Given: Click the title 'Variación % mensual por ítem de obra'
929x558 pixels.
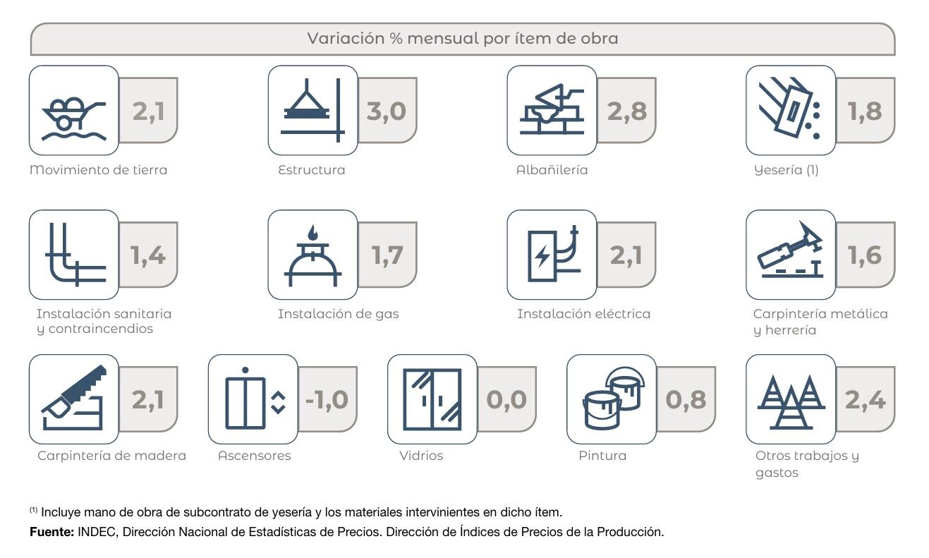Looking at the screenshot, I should pos(462,39).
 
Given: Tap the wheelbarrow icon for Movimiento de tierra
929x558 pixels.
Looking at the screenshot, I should pos(74,111).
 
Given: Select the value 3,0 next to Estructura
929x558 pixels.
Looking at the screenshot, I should pos(387,111).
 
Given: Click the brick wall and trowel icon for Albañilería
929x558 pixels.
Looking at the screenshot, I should pos(552,111).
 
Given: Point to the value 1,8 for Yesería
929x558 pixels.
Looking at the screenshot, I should pos(865,111).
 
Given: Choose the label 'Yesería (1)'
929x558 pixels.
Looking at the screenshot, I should pos(786,170).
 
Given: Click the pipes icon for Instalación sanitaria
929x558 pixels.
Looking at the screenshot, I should pos(74,255).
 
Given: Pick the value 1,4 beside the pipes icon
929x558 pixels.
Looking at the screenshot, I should pos(148,255).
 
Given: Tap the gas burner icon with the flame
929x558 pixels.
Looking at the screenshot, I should pos(312,255).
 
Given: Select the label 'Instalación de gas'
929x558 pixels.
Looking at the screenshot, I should pos(338,314).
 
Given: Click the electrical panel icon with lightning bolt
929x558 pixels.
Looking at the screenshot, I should pos(552,255).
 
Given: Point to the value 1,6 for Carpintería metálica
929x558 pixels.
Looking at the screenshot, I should pos(865,255).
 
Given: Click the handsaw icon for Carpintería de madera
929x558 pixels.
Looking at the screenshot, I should pos(74,399).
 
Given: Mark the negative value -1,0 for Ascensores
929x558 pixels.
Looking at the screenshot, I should pos(327,399).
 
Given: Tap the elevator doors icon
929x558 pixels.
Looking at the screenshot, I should pos(253,399).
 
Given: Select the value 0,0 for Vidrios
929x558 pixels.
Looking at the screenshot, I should pos(506,399).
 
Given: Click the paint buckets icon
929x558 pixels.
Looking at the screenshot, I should pos(612,399).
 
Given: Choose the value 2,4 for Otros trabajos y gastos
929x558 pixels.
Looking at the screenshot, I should pos(865,399).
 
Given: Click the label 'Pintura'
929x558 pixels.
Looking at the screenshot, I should pos(602,456).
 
